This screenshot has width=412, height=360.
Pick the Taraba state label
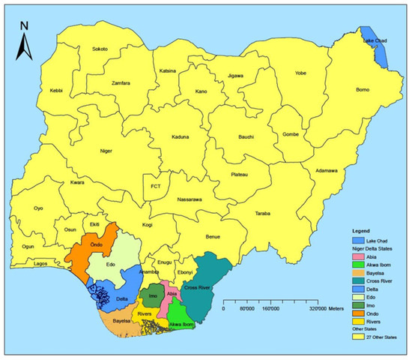pos(261,214)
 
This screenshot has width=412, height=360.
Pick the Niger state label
pos(106,151)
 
